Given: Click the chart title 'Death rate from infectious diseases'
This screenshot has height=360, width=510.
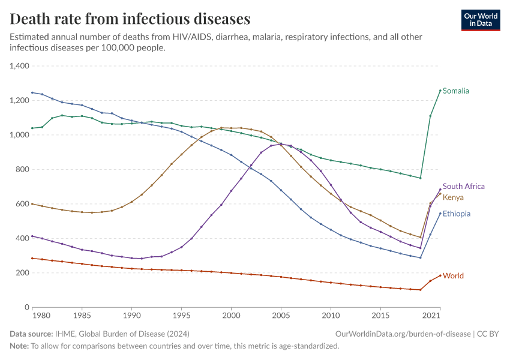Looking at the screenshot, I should [x=130, y=19].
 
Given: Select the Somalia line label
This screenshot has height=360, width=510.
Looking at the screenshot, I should [x=456, y=91].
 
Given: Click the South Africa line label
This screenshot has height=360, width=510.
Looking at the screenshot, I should [x=464, y=187].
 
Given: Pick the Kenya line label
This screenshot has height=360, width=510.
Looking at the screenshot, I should [x=453, y=197].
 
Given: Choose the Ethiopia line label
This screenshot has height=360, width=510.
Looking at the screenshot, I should [x=457, y=214].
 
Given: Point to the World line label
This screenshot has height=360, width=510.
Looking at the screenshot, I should [x=453, y=276].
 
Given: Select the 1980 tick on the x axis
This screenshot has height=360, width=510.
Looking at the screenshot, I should [x=41, y=316].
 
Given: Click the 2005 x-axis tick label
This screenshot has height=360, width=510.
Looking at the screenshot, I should [x=281, y=316].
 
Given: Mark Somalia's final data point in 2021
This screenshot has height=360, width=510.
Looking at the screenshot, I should [x=440, y=91].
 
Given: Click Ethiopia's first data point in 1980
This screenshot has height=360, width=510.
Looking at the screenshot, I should [x=32, y=92].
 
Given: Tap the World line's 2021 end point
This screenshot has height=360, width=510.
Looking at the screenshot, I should [x=440, y=275].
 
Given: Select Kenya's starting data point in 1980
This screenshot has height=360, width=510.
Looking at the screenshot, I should [x=32, y=204].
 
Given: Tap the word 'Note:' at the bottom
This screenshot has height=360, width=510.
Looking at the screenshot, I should [x=19, y=346].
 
